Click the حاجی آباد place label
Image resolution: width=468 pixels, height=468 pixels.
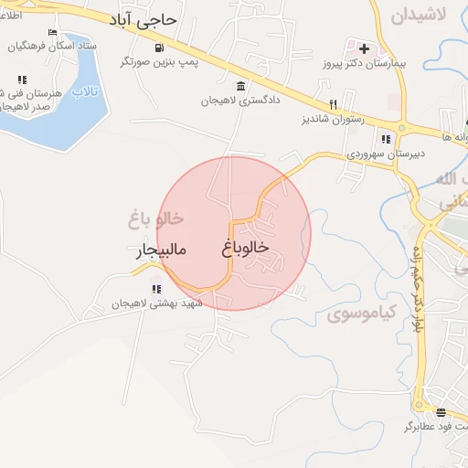tap(151, 19)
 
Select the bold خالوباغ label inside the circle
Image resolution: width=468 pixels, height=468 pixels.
tap(245, 247)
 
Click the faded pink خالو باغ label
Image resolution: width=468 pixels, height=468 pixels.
tap(156, 219)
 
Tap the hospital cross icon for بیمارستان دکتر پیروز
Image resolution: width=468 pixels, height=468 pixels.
tap(364, 48)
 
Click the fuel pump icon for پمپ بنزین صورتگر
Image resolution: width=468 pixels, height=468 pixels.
tap(161, 48)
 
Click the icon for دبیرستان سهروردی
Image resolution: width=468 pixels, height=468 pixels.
tap(386, 139)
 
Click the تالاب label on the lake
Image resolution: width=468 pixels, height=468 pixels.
tap(83, 92)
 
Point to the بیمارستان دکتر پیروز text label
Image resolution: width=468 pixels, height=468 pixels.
tap(363, 65)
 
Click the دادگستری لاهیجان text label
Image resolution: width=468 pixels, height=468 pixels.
tap(240, 101)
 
